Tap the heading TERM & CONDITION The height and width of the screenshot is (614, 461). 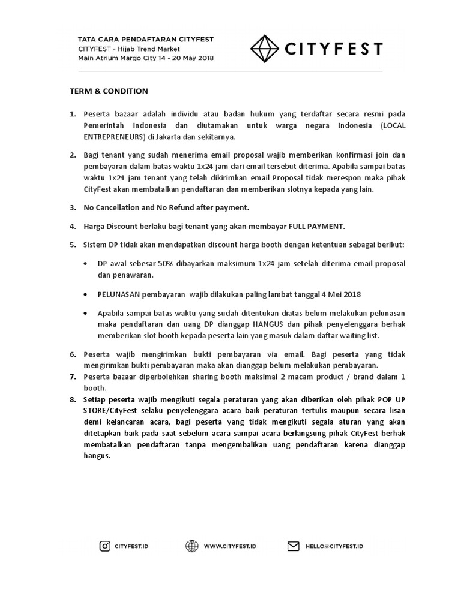coord(107,91)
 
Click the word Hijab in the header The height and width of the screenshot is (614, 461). coord(131,49)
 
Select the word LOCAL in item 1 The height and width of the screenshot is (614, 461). coord(392,125)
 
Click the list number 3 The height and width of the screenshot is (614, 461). coord(73,207)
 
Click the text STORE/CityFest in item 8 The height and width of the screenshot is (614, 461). coord(112,410)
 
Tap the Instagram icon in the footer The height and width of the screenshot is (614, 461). coord(105,546)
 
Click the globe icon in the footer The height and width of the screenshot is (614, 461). coord(192,546)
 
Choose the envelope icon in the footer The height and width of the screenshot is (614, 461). coord(293,546)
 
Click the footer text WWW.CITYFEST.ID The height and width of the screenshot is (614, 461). coord(231,546)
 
